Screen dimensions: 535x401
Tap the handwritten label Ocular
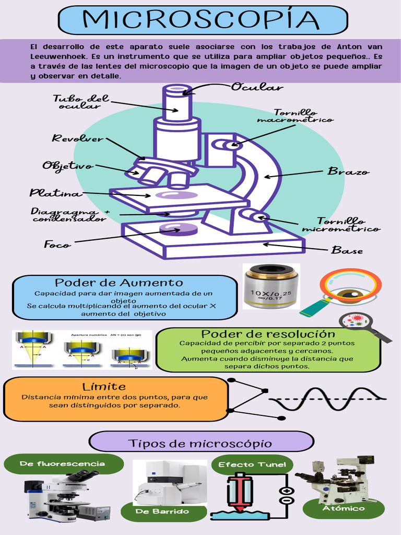(x=257, y=87)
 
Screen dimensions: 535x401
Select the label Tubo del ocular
(x=81, y=102)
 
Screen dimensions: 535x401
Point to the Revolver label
(x=77, y=138)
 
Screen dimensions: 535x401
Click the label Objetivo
(x=68, y=166)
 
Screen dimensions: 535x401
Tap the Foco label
(x=57, y=244)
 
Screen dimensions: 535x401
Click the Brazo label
(x=348, y=171)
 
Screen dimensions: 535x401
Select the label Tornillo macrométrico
(x=295, y=116)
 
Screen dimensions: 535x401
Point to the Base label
(x=347, y=251)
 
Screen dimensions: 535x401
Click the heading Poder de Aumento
(x=119, y=283)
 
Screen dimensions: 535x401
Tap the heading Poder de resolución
(x=268, y=333)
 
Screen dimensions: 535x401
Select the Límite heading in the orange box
(x=104, y=387)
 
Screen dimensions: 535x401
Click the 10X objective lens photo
(x=271, y=286)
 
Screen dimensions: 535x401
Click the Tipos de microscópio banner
(x=200, y=444)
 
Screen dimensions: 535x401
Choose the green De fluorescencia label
(x=62, y=463)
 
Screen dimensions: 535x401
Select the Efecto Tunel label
(x=252, y=464)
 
